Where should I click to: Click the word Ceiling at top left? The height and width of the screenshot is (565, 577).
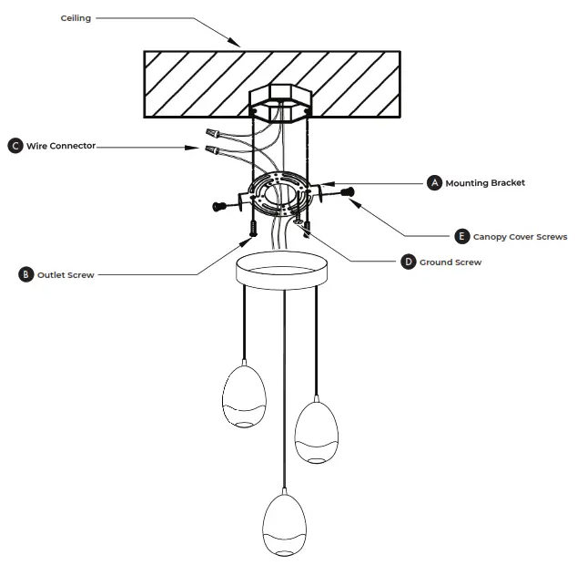tap(76, 18)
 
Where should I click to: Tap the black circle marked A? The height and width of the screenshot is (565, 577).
tap(434, 183)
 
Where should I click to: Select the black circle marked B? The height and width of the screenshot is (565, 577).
tap(25, 274)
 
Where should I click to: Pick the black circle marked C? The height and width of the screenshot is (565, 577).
tap(15, 146)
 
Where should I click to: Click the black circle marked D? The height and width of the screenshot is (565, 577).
tap(409, 262)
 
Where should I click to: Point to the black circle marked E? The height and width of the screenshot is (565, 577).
tap(461, 236)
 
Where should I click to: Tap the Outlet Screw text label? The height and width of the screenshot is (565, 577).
tap(66, 274)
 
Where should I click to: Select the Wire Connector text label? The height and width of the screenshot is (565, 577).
tap(60, 146)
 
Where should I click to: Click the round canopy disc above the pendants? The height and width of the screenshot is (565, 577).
tap(282, 270)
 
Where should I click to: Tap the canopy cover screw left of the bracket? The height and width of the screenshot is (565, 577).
tap(219, 206)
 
